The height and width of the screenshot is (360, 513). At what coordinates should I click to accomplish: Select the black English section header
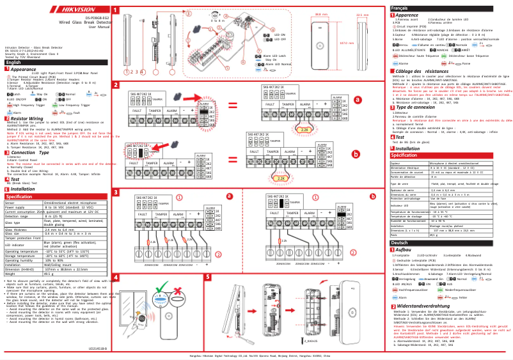pos(14,62)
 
